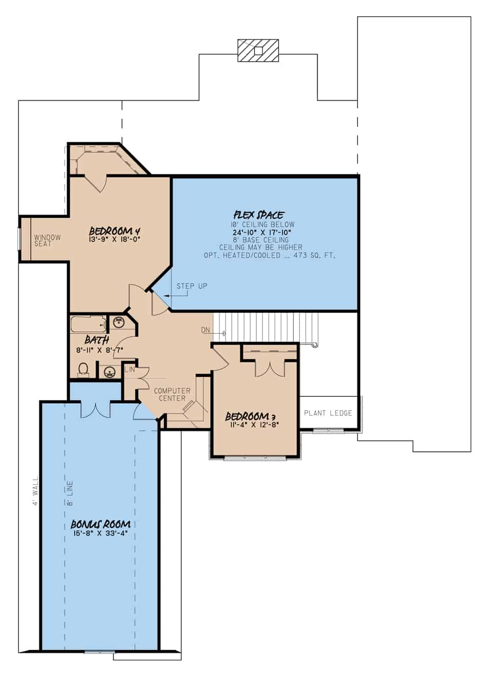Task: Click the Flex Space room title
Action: tap(259, 215)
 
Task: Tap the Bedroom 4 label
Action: tap(114, 231)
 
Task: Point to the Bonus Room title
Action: tap(100, 524)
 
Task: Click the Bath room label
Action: tap(96, 340)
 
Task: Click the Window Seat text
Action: tap(48, 240)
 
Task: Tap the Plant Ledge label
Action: tap(328, 413)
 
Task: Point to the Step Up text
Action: tap(192, 286)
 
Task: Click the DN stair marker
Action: tap(206, 330)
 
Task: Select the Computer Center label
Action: tap(172, 394)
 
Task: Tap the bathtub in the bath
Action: tap(88, 324)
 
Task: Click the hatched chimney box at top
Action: tap(258, 50)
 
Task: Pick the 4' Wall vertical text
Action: tap(35, 491)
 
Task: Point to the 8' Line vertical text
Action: tap(70, 493)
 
